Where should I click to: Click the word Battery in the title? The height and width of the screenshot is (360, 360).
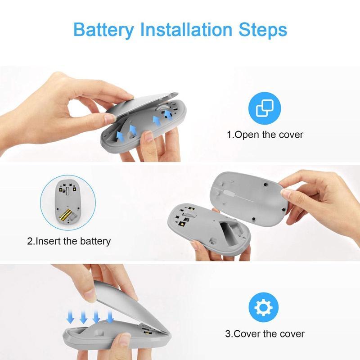tap(103, 30)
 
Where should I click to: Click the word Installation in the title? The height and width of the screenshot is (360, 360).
tap(186, 29)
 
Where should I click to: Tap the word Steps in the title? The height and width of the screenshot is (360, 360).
tap(263, 30)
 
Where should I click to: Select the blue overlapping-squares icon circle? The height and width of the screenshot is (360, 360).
tap(265, 108)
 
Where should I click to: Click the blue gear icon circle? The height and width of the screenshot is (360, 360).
tap(264, 307)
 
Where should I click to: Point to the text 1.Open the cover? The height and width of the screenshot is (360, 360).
tap(265, 135)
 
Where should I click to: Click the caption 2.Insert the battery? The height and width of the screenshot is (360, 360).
tap(69, 241)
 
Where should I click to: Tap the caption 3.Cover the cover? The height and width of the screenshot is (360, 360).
tap(265, 333)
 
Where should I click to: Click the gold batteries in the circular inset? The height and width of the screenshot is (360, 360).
tap(65, 215)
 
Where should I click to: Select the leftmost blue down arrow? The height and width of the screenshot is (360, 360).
tap(70, 317)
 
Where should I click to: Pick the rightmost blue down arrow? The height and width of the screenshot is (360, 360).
tap(110, 316)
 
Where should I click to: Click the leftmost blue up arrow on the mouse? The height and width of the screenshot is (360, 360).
tap(120, 136)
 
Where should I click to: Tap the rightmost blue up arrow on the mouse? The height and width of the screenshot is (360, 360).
tap(169, 115)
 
